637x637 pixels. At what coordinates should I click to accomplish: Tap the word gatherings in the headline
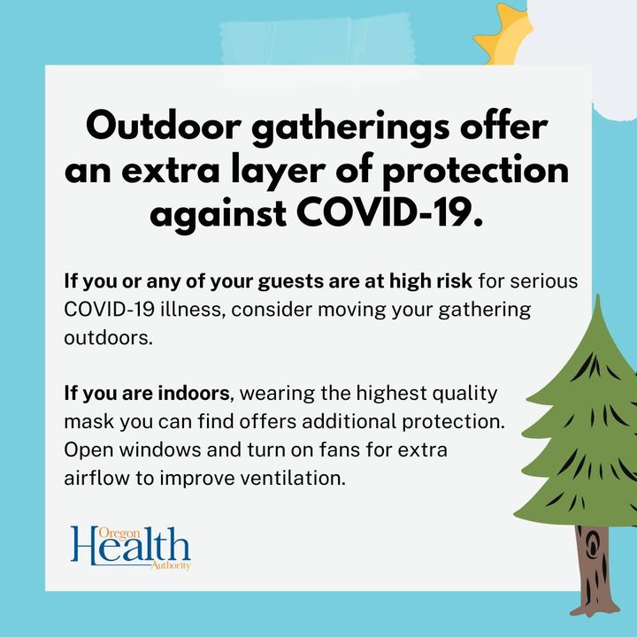(350, 129)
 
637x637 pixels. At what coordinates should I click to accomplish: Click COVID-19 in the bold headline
(389, 212)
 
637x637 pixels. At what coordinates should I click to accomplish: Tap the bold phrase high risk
(431, 280)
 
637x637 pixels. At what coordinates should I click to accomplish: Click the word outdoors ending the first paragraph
(108, 338)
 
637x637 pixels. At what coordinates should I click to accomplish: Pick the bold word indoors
(194, 393)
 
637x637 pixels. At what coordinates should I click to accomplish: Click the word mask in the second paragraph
(89, 421)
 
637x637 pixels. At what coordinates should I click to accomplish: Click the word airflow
(96, 478)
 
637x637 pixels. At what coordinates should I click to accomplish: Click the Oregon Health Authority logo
(131, 548)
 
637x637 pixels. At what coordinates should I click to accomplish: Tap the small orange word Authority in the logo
(170, 566)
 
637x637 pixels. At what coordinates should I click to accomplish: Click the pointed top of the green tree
(597, 295)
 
